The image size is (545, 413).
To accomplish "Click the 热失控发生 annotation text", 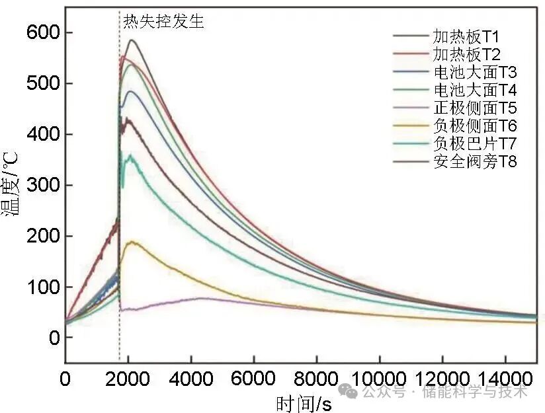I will click(x=164, y=21).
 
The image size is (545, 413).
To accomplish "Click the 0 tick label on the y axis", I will click(x=54, y=338).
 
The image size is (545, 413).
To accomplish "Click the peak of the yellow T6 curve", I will click(x=134, y=242).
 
